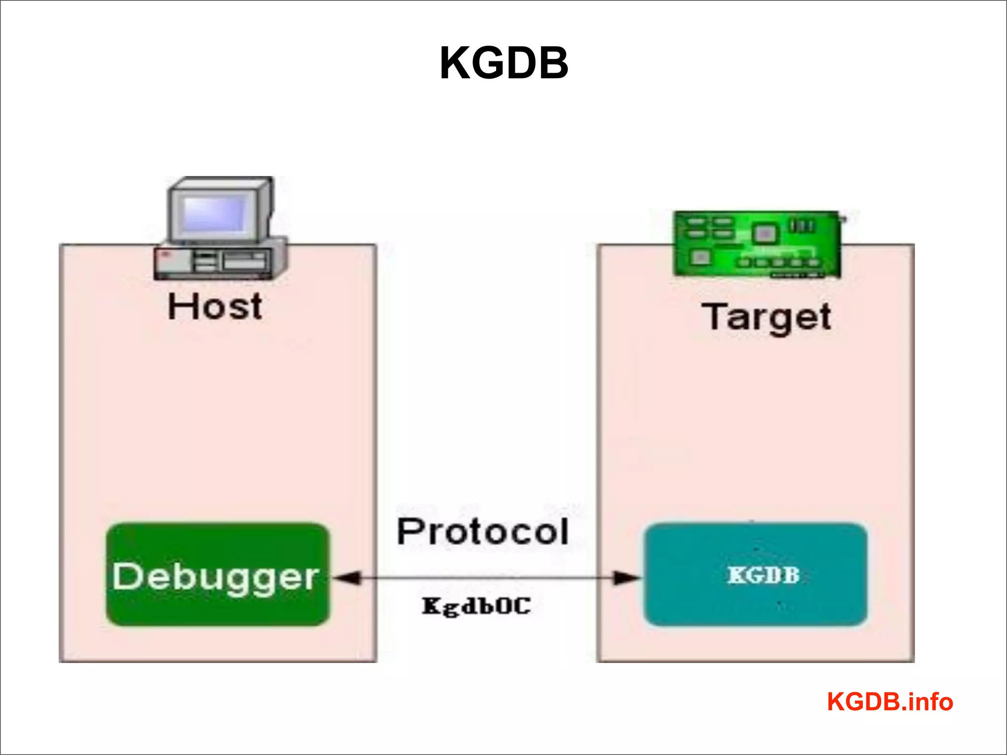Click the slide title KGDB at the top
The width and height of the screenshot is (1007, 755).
pos(504,63)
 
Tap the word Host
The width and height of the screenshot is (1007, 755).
pos(215,307)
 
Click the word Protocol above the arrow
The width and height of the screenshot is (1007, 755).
pos(482,532)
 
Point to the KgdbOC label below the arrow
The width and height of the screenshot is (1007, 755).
pos(476,606)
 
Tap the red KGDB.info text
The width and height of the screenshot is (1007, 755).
pos(890,701)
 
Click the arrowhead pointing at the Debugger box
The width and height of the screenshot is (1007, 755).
pos(347,578)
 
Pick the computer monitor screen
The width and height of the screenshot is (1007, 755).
pos(215,213)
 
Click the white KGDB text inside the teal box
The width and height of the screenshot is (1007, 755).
pos(764,575)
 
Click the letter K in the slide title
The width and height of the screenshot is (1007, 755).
pos(455,63)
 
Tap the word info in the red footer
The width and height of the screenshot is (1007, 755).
pos(931,701)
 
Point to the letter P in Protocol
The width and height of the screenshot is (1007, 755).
pos(410,532)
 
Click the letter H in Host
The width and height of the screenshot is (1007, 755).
pos(179,307)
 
